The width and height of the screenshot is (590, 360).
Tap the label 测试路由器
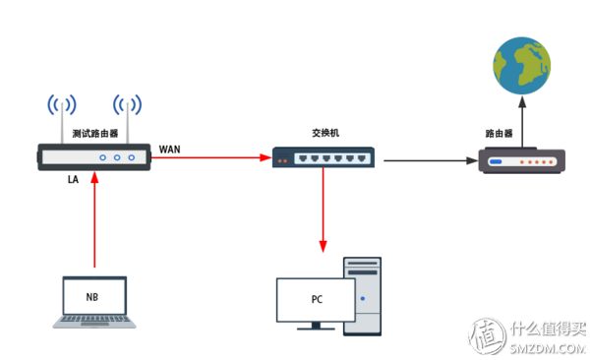tap(95, 133)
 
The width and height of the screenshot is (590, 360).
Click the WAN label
tap(170, 150)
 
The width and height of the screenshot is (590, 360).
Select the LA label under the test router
tap(74, 181)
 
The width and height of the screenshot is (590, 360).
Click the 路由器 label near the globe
tap(500, 132)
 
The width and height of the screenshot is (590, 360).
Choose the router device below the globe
tap(521, 160)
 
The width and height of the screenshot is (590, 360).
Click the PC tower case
tap(361, 295)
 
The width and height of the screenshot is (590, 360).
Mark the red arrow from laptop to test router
tap(94, 221)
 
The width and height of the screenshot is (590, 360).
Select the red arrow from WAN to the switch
tap(211, 156)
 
